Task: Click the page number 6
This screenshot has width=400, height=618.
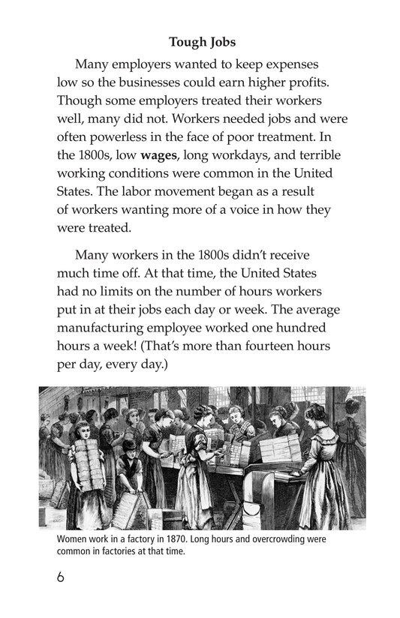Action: click(x=60, y=578)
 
